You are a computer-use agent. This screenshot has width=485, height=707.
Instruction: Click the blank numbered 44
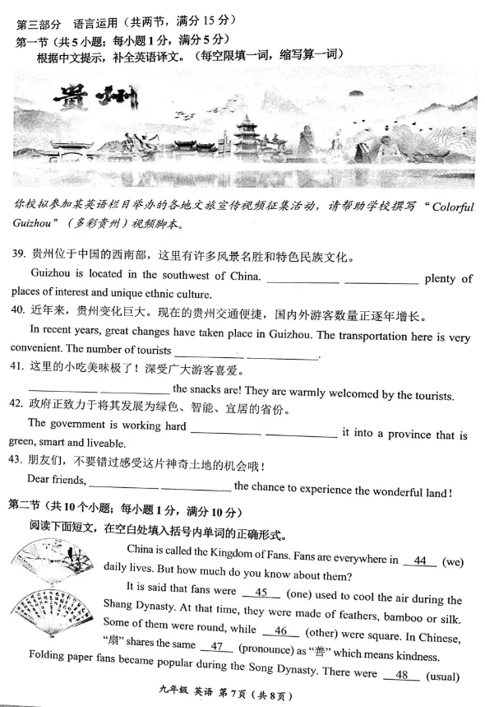point(420,561)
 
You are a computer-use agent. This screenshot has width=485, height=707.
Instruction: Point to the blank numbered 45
point(262,592)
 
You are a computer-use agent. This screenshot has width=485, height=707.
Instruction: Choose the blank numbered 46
point(279,631)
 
